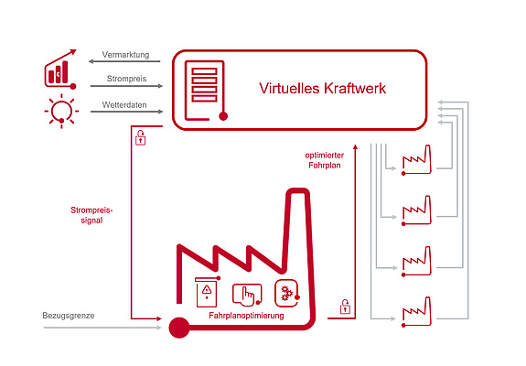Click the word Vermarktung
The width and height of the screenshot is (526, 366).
126,55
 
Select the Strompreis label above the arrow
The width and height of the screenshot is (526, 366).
127,79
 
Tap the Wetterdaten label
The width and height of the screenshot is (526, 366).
124,105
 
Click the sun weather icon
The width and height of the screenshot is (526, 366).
61,111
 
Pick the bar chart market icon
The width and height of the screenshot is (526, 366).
60,70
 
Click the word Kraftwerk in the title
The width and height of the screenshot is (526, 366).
355,88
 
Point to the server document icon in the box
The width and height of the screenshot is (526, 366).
206,91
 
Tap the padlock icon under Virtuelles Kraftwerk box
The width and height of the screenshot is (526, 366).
141,137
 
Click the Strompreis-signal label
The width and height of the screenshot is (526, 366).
91,215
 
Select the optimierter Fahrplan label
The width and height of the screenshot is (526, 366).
325,160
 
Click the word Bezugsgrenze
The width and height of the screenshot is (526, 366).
69,316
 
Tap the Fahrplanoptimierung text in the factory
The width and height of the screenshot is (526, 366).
246,316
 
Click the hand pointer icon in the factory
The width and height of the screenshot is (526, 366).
247,295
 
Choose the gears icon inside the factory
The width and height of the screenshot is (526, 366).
287,293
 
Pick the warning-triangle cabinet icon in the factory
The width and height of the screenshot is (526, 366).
208,292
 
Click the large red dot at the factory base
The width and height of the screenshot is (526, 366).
179,328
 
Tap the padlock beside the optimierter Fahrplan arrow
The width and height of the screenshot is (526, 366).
345,307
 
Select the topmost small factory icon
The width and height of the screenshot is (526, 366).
416,160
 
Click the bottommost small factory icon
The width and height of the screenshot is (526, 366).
416,312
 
